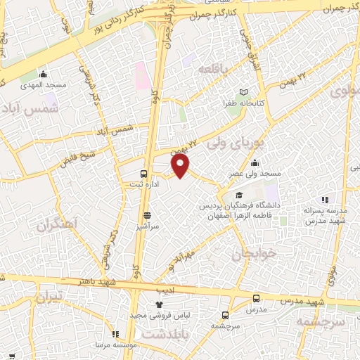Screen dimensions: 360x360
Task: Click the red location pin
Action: point(181,165)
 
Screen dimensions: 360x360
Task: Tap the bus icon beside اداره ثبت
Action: point(143,173)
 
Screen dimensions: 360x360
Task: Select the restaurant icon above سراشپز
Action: point(147,216)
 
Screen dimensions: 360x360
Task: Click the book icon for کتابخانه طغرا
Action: point(244,92)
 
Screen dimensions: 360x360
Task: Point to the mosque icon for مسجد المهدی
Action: point(43,74)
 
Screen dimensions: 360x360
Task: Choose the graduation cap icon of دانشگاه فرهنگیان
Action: point(239,195)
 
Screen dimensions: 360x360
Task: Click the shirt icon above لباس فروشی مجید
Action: point(158,304)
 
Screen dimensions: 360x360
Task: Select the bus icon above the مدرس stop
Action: point(256,298)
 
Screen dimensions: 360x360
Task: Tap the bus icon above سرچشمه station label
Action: point(225,315)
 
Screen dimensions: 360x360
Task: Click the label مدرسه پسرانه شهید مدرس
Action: point(323,215)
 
